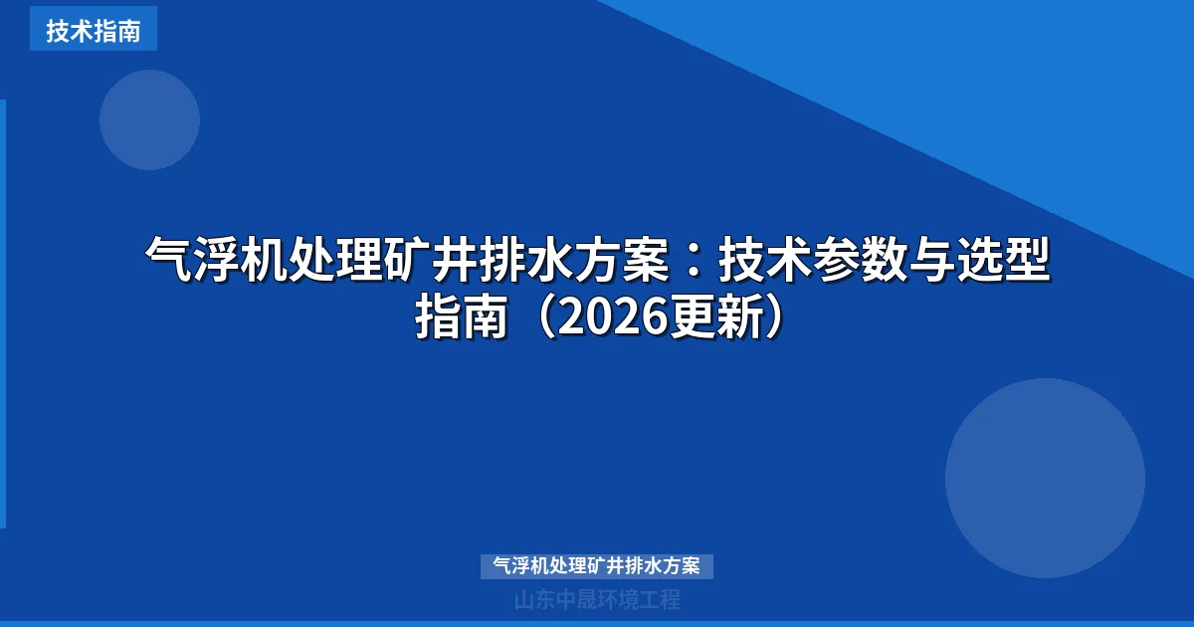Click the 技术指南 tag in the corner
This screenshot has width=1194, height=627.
[x=93, y=30]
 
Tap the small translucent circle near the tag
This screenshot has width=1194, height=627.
[x=149, y=120]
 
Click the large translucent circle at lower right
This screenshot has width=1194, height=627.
[x=1045, y=478]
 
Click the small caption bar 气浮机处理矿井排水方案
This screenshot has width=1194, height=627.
[x=597, y=566]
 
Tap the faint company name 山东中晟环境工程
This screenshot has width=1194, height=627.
[x=597, y=600]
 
